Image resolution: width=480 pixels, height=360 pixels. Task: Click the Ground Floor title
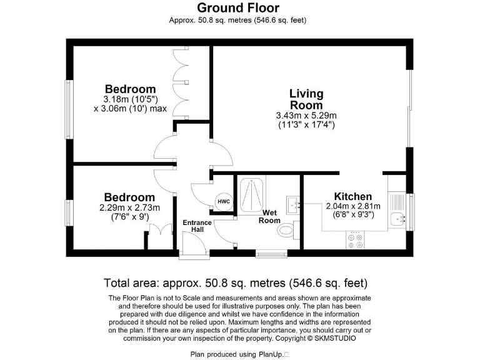(x=238, y=8)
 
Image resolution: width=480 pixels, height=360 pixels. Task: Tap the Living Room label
(x=306, y=99)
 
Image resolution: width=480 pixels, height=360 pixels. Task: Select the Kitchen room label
(x=352, y=196)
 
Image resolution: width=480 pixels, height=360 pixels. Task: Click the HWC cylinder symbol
(x=224, y=201)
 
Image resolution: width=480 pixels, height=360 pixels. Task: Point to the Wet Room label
(x=270, y=216)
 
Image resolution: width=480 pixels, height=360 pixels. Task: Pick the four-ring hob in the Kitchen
(x=355, y=241)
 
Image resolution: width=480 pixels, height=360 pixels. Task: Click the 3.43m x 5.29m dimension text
(x=306, y=116)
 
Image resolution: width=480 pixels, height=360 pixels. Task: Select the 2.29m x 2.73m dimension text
(x=129, y=208)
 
